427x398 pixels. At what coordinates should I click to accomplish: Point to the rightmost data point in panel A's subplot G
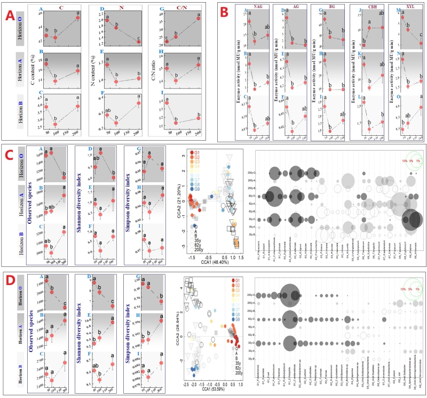click(198, 18)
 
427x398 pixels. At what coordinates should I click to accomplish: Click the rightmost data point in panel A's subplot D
click(138, 41)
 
